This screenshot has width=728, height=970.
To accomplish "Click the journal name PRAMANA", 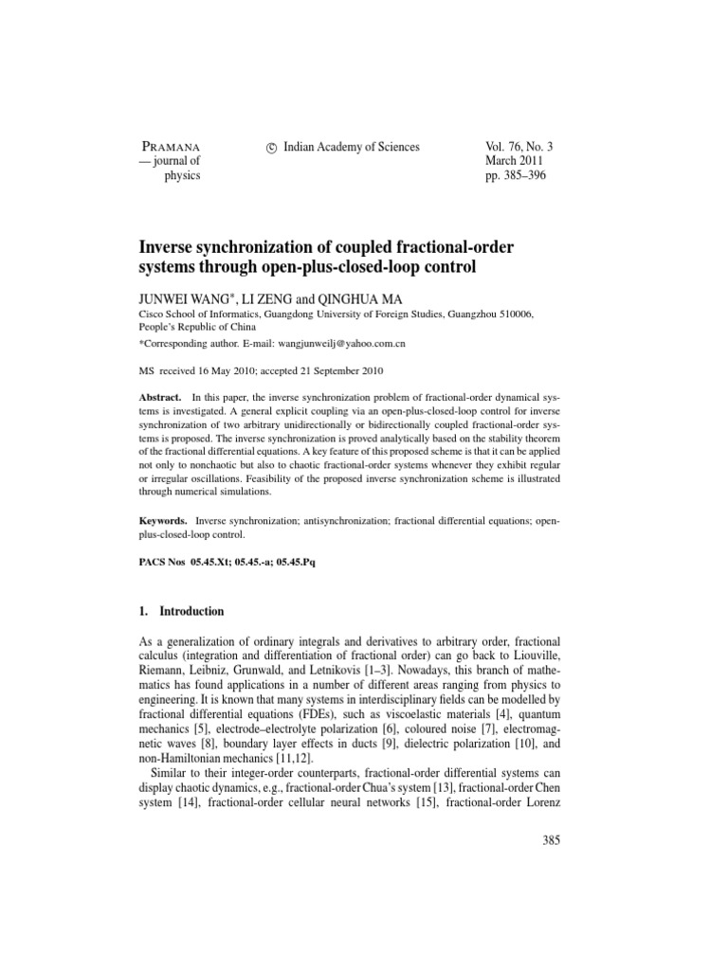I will coord(175,147).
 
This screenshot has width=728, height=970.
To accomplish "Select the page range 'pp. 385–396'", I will coord(519,176).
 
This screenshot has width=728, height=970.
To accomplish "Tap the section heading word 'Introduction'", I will coord(191,612).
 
